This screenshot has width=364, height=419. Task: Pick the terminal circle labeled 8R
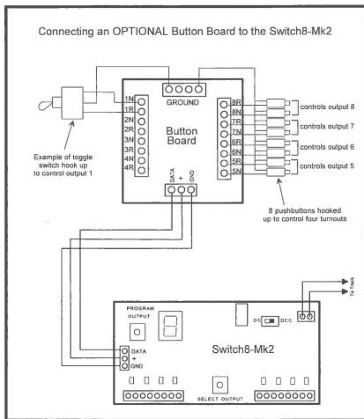coord(224,105)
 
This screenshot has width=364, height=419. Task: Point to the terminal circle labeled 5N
coord(224,173)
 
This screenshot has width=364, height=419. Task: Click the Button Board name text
coord(181,137)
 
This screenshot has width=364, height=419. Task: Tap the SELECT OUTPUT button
coord(220,385)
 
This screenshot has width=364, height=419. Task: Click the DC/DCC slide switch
coord(271,320)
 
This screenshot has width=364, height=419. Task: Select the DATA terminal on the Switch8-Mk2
coord(125,350)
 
